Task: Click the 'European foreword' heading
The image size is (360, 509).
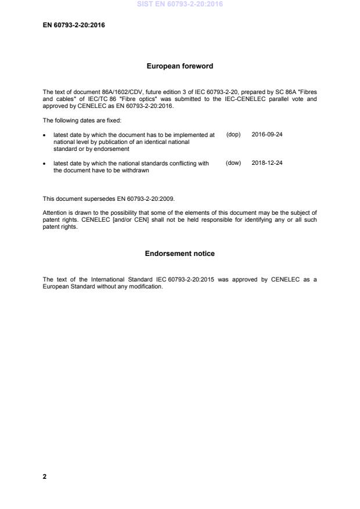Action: pyautogui.click(x=179, y=66)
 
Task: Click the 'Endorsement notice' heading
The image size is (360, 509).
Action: pyautogui.click(x=179, y=254)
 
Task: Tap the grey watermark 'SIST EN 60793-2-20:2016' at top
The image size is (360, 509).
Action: pyautogui.click(x=179, y=4)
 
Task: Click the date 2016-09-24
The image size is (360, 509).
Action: pyautogui.click(x=267, y=134)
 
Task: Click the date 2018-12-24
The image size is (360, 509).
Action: pyautogui.click(x=267, y=163)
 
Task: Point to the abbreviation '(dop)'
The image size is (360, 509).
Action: pyautogui.click(x=233, y=134)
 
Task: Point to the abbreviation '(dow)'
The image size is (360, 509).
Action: pyautogui.click(x=233, y=163)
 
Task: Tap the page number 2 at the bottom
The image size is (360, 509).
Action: pyautogui.click(x=45, y=476)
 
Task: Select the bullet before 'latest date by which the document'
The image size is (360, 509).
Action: pyautogui.click(x=45, y=135)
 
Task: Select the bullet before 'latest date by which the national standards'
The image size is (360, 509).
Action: pyautogui.click(x=45, y=164)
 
